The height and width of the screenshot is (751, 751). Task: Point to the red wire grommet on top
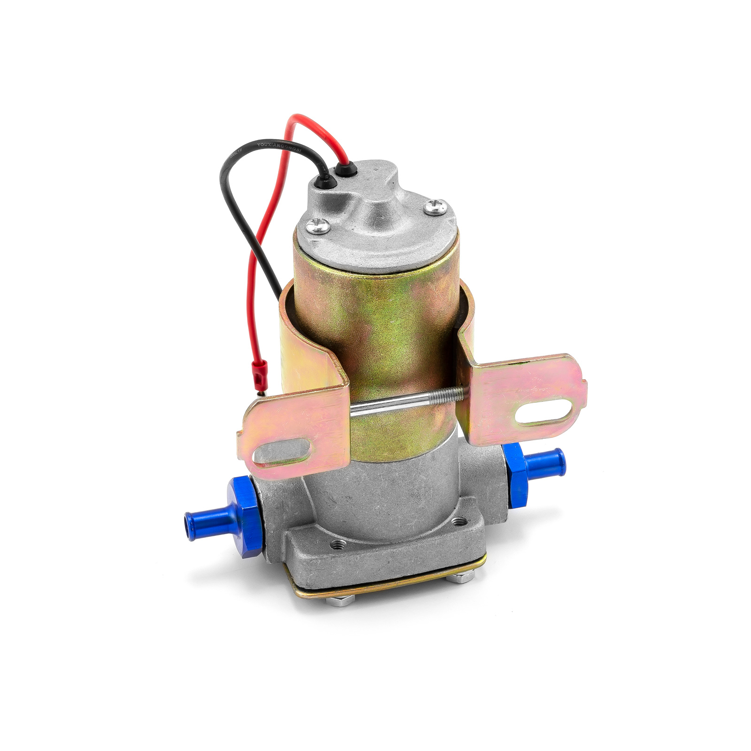tap(346, 168)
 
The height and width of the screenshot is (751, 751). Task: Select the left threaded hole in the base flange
tap(336, 544)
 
